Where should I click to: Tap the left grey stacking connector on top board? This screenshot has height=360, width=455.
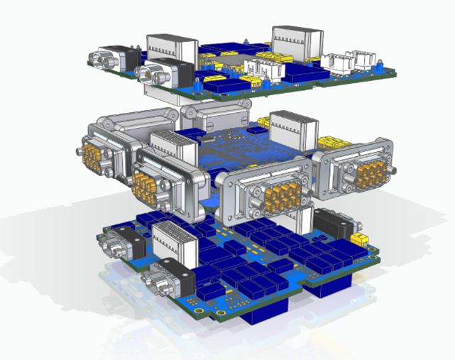tap(174, 48)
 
